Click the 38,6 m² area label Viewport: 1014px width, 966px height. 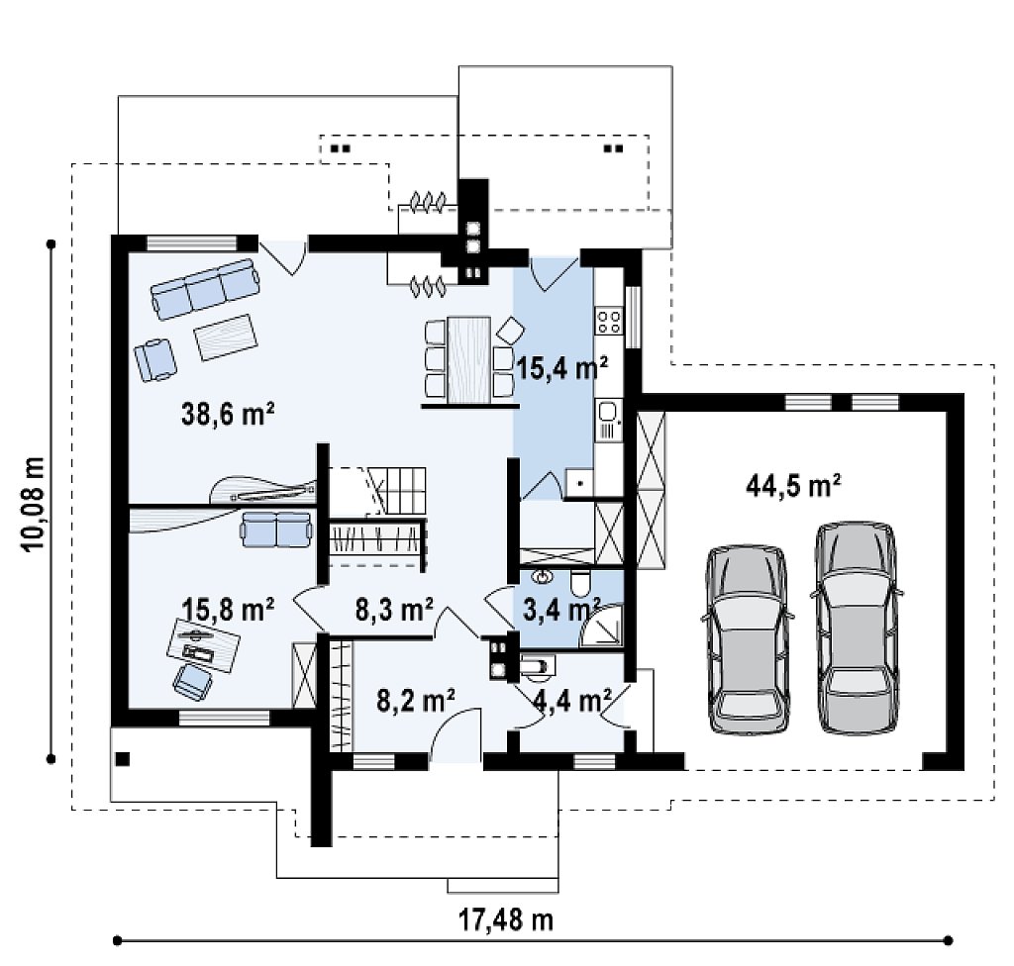click(x=229, y=415)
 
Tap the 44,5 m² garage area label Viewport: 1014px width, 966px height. click(x=793, y=485)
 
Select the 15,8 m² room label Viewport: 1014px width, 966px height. click(x=228, y=609)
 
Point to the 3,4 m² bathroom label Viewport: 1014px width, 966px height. click(x=561, y=609)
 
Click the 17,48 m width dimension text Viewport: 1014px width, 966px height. click(x=506, y=918)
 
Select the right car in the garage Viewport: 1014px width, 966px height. click(x=857, y=628)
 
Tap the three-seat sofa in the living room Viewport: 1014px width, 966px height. click(x=206, y=289)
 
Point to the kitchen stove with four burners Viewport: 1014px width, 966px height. click(x=609, y=322)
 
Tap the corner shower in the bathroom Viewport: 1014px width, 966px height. click(x=601, y=626)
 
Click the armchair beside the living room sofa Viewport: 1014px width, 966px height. click(x=155, y=360)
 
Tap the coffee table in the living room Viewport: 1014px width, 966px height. click(x=227, y=338)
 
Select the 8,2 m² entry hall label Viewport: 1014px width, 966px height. click(x=416, y=701)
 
